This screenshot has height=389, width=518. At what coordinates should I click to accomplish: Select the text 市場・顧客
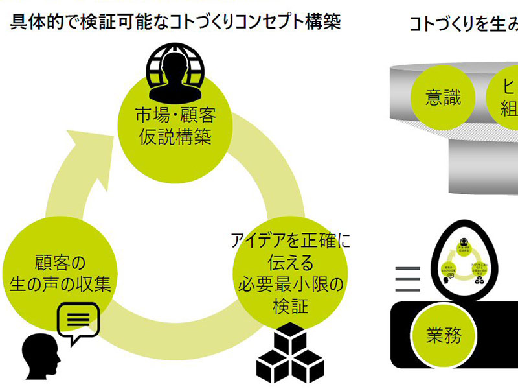click(175, 117)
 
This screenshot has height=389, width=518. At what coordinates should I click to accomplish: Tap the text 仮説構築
click(175, 137)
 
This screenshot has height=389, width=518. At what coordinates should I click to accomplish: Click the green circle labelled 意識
click(444, 97)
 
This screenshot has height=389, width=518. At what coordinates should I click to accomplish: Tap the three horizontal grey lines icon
click(408, 279)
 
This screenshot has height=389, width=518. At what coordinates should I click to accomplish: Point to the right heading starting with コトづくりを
click(463, 24)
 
